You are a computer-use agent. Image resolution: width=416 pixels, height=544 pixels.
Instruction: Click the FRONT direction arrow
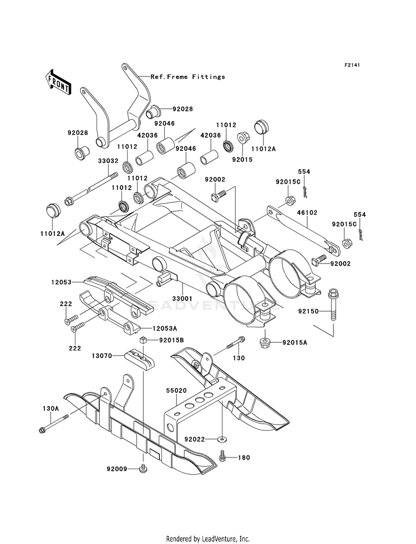click(x=58, y=82)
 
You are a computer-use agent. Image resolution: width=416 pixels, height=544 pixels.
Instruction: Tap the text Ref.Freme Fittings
click(x=187, y=77)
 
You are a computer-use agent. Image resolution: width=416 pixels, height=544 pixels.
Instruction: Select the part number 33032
click(x=108, y=161)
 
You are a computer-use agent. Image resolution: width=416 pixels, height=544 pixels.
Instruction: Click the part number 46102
click(x=307, y=212)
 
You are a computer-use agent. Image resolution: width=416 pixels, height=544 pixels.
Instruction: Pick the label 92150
click(x=308, y=312)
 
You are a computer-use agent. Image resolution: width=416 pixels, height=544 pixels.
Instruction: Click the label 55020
click(x=176, y=390)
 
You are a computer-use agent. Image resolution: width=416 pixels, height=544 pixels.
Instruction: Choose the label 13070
click(x=102, y=355)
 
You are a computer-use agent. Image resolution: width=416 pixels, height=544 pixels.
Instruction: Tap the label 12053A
click(x=164, y=328)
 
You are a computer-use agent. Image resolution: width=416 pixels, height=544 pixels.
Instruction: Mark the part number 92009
click(x=117, y=469)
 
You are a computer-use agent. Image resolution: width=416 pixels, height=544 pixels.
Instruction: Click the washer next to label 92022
click(x=221, y=440)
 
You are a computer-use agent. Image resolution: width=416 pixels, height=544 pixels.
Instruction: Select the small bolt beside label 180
click(x=223, y=456)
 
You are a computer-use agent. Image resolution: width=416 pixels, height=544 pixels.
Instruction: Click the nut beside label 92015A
click(x=265, y=343)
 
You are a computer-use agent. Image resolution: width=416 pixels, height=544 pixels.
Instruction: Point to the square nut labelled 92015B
click(x=142, y=340)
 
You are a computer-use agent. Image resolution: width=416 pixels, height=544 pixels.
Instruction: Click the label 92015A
click(x=295, y=343)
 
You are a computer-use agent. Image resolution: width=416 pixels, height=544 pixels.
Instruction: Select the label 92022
click(x=195, y=440)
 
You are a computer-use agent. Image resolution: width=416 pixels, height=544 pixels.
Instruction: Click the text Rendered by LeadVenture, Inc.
click(x=208, y=539)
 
